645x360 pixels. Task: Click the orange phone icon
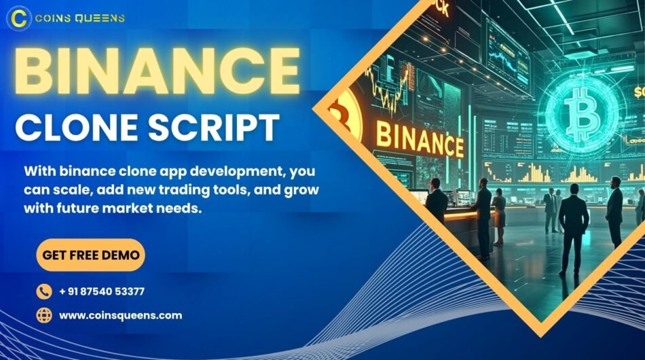(x=44, y=291)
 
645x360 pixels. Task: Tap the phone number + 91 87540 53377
(x=102, y=291)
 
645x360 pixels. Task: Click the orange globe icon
(x=44, y=315)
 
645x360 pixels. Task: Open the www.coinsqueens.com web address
(x=121, y=315)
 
